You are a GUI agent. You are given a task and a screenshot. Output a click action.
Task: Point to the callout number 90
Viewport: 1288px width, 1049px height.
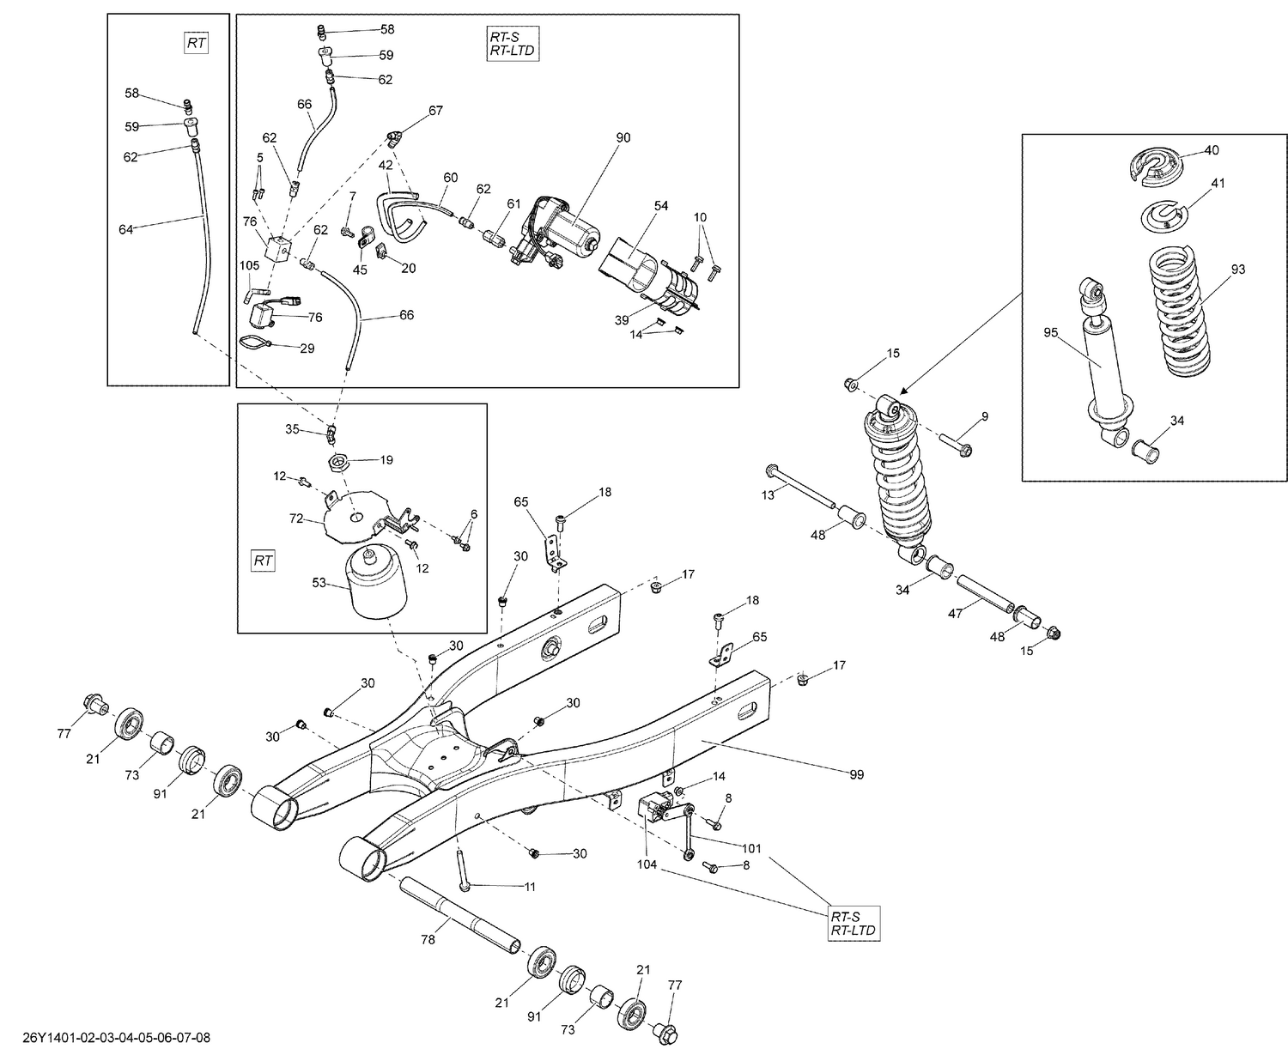[x=623, y=137]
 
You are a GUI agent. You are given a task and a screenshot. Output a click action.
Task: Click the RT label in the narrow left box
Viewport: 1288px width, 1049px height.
[x=197, y=43]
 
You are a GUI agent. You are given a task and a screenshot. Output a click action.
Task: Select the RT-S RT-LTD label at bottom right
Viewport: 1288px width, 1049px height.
[x=854, y=922]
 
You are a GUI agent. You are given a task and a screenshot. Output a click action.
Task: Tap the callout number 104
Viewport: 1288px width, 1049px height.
[x=647, y=864]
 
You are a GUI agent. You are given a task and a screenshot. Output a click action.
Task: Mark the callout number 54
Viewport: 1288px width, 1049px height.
[x=661, y=206]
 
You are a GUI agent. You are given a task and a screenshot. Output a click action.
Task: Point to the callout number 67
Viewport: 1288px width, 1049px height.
[x=436, y=111]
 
